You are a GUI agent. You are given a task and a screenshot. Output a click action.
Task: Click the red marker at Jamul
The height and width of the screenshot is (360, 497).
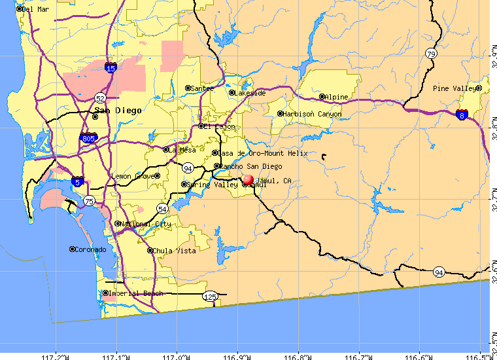(x=247, y=179)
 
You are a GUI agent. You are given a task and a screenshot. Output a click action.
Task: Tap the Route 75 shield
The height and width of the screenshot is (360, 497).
(x=89, y=201)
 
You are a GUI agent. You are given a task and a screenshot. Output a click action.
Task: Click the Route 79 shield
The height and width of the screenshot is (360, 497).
(x=430, y=54)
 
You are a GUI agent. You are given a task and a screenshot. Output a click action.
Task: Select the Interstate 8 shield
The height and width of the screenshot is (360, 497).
(x=462, y=114)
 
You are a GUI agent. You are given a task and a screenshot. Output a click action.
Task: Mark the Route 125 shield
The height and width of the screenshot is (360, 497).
(x=210, y=297)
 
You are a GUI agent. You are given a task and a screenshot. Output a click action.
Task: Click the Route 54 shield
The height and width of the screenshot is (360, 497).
(x=162, y=208)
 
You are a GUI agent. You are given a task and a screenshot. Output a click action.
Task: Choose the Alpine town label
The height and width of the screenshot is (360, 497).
(x=337, y=97)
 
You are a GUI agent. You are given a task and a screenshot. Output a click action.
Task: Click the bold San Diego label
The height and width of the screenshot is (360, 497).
(x=118, y=110)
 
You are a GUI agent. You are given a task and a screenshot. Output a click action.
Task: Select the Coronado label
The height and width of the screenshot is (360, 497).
(x=90, y=249)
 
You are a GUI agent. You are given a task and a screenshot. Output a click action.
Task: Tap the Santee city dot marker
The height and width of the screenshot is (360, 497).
(x=188, y=88)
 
